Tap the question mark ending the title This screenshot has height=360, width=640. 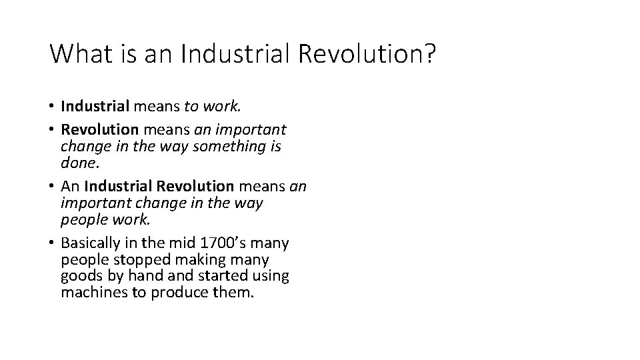(428, 54)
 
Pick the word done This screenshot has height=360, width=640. (79, 161)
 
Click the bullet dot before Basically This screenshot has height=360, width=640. (52, 242)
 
